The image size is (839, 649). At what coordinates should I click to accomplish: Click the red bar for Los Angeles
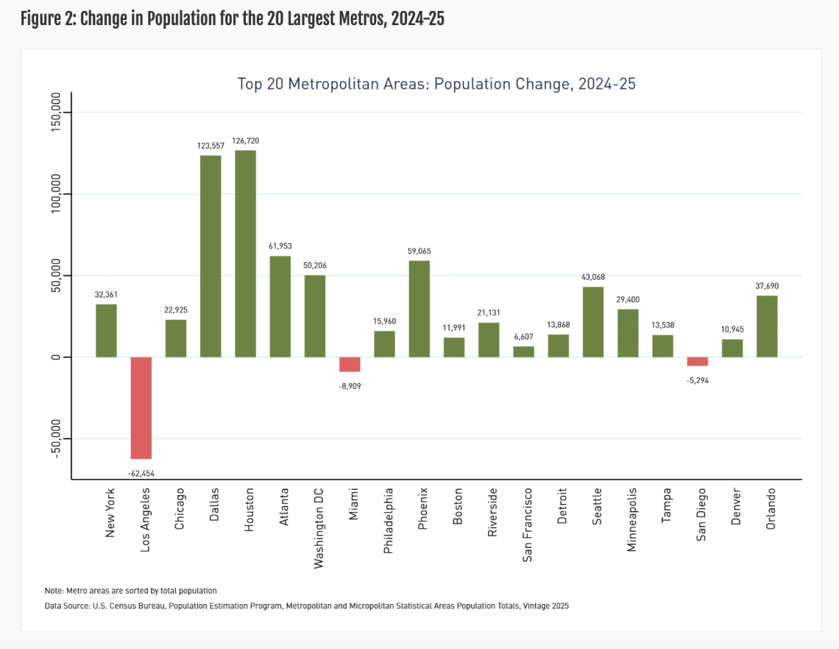pos(141,407)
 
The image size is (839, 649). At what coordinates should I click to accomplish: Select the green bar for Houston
pos(246,253)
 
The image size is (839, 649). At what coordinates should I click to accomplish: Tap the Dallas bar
pos(210,256)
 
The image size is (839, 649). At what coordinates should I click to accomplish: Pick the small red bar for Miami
pos(350,364)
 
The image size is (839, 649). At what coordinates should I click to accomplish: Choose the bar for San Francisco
pos(523,351)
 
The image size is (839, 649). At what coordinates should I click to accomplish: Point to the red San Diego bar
pos(698,361)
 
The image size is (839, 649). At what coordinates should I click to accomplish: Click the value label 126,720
pos(246,141)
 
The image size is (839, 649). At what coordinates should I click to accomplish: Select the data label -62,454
pos(141,473)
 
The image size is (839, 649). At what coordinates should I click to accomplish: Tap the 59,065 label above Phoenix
pos(419,251)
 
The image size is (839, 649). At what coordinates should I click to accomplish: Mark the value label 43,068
pos(593,276)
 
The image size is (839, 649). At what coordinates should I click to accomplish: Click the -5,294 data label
pos(698,380)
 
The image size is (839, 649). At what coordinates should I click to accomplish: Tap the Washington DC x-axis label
pos(319,527)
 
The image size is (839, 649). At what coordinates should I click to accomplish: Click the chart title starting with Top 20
pos(436,83)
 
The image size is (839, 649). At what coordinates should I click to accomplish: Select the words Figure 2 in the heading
pos(46,19)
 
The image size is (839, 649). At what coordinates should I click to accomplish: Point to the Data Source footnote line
pos(307,606)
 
